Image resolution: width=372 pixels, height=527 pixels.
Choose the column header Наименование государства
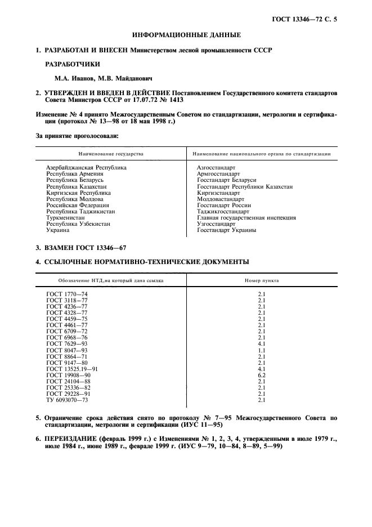tap(111, 154)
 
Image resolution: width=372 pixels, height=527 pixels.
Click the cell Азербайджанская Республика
tap(86, 168)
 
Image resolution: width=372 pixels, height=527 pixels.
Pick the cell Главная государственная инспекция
tap(246, 218)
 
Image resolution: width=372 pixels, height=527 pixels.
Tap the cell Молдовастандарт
tap(220, 199)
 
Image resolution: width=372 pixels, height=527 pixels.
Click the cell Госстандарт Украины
tap(226, 230)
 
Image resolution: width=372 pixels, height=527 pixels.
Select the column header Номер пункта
tap(261, 280)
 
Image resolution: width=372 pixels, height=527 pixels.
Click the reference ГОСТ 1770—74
tap(66, 294)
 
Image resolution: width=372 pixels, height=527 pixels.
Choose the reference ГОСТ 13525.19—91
tap(73, 369)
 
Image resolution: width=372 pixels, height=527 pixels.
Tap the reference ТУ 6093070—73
tap(68, 400)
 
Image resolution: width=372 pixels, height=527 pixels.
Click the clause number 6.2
tap(261, 375)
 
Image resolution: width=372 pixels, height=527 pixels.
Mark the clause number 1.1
tap(261, 350)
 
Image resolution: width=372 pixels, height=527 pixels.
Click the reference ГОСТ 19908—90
tap(68, 375)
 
